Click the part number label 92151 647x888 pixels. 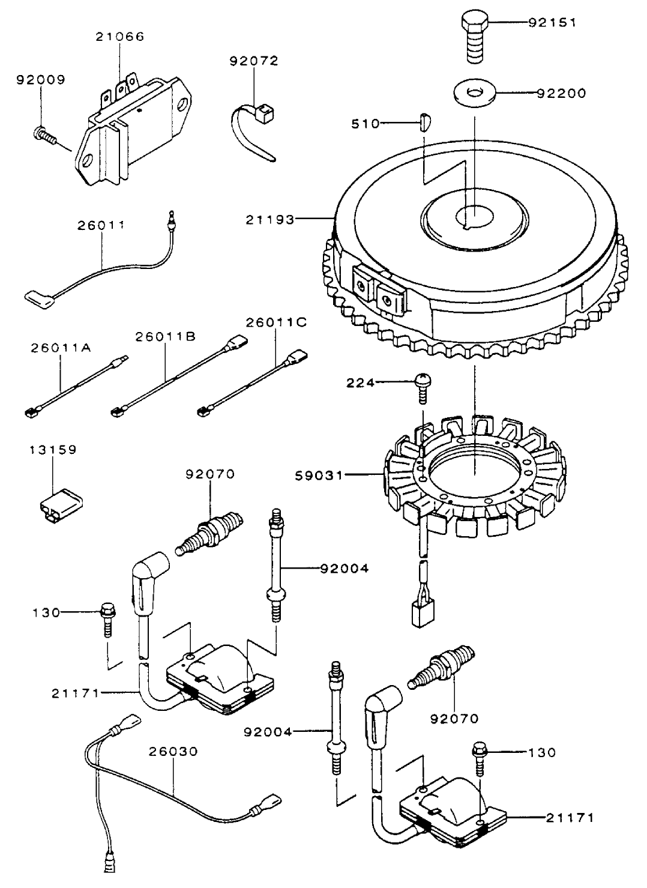pos(552,23)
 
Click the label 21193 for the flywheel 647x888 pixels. pos(270,220)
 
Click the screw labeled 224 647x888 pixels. pos(423,384)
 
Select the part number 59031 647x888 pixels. pos(319,476)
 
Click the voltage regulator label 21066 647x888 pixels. pos(120,37)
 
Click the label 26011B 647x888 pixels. pos(165,337)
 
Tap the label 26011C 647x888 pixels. pos(276,322)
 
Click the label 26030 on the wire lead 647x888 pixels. pos(173,751)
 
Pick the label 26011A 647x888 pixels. pos(61,347)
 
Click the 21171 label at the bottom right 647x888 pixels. pos(570,818)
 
